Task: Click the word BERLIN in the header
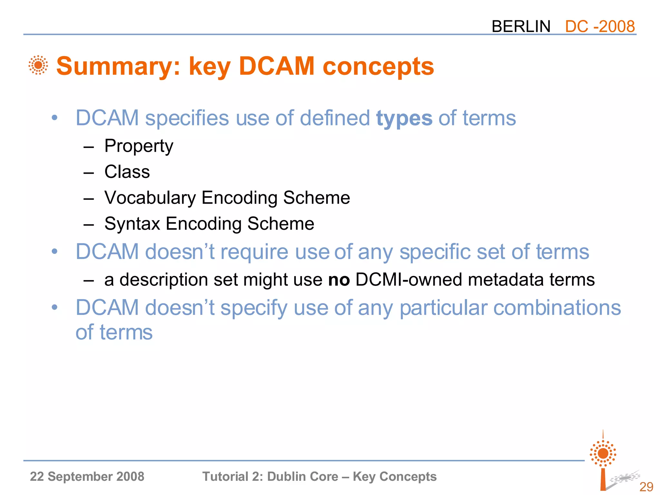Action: coord(521,26)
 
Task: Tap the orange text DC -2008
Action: coord(600,26)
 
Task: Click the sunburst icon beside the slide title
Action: coord(38,65)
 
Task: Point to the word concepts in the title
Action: coord(378,66)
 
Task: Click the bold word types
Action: coord(404,119)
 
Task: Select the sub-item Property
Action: coord(139,146)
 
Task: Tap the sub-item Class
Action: coord(127,172)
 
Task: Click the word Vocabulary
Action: coord(150,198)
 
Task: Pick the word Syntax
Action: coord(132,224)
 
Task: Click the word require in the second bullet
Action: coord(254,252)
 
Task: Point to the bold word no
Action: coord(339,280)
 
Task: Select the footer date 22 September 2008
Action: coord(87,477)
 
